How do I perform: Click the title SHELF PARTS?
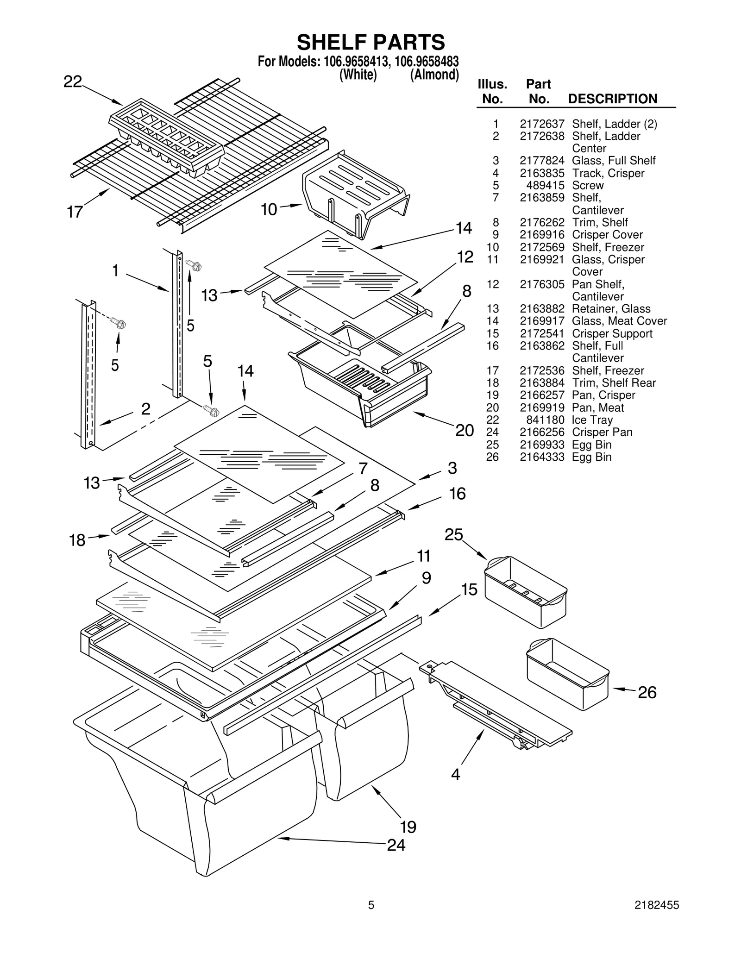(370, 43)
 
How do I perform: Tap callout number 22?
(73, 82)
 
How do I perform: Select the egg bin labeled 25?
(525, 586)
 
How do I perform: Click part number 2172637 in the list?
(541, 124)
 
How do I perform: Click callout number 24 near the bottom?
(396, 845)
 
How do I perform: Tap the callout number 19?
(408, 827)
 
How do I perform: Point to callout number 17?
(75, 212)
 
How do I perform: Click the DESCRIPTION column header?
(612, 99)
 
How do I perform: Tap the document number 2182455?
(656, 918)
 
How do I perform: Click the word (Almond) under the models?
(434, 75)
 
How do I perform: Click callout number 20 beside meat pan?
(465, 430)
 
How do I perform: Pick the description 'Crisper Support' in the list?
(612, 333)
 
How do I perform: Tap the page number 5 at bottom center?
(371, 918)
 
